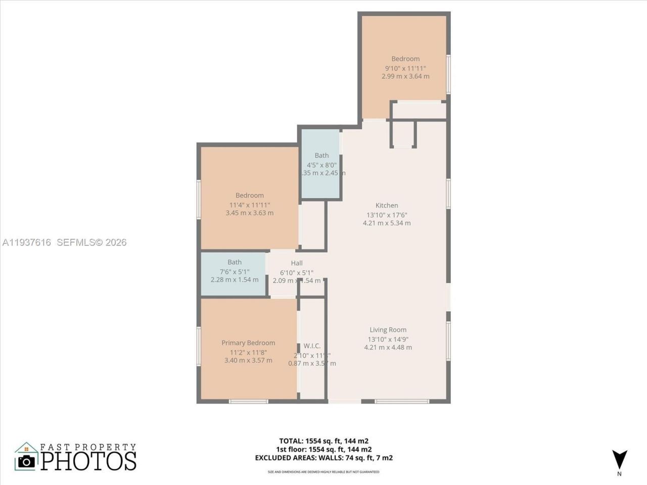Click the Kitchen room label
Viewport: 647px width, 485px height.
point(387,205)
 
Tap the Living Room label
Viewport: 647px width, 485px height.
point(388,330)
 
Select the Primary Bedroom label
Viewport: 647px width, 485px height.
point(248,343)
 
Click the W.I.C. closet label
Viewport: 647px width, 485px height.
point(312,346)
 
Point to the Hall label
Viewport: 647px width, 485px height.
point(297,263)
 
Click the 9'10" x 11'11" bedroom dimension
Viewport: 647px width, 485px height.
point(405,68)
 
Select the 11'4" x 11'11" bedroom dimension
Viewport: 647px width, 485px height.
point(250,205)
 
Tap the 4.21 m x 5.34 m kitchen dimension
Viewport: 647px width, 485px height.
point(387,223)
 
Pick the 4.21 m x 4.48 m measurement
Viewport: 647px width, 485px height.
point(388,347)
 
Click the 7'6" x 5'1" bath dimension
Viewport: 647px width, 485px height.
point(235,271)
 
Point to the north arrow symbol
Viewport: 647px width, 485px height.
point(619,459)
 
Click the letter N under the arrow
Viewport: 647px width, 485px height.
point(619,474)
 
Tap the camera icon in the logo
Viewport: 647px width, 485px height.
point(26,461)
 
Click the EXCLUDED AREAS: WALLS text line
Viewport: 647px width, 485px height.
point(323,458)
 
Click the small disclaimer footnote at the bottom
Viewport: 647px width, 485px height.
point(323,472)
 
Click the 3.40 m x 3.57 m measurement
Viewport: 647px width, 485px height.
point(248,360)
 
